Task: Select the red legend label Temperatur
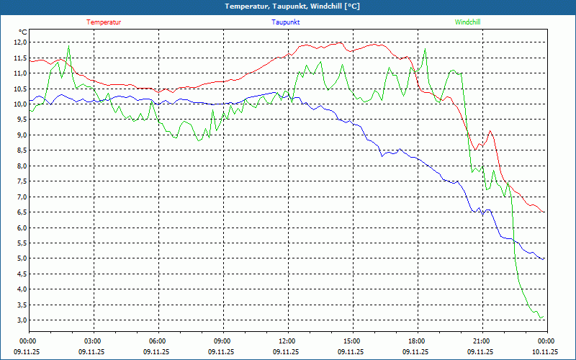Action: click(x=104, y=22)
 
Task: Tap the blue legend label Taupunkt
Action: click(x=285, y=22)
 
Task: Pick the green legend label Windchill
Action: click(x=467, y=22)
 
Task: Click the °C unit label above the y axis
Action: click(x=23, y=32)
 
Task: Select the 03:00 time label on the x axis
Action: click(x=93, y=341)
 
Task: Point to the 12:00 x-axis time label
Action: click(x=287, y=341)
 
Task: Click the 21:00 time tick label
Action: click(x=482, y=341)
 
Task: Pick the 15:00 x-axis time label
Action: click(x=352, y=341)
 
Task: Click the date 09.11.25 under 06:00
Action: click(x=158, y=352)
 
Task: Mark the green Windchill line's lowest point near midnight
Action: click(x=541, y=318)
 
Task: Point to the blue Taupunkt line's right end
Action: click(x=544, y=258)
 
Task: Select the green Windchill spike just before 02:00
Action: click(x=68, y=47)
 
